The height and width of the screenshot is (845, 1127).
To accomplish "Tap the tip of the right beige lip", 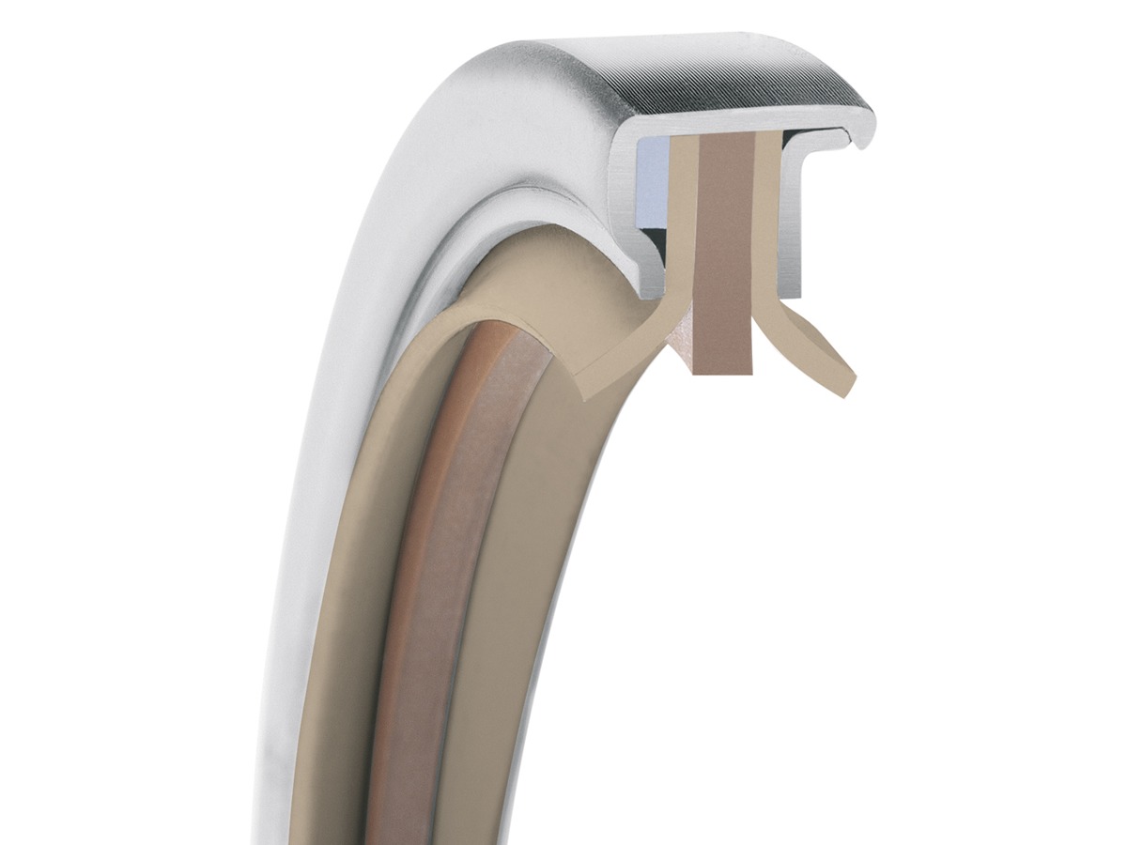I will (846, 385).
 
